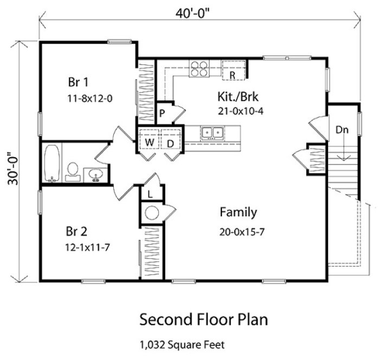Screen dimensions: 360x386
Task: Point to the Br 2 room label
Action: tap(76, 232)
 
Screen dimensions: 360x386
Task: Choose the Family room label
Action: tap(238, 212)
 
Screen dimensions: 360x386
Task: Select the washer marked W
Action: tap(149, 142)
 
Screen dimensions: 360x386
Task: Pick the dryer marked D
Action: tap(169, 142)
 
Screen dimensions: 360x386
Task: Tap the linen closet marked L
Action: tap(150, 192)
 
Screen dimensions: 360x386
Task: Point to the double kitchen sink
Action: tap(210, 132)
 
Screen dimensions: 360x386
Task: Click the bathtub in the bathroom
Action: tap(52, 163)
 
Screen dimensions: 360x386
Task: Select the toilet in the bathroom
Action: tap(72, 170)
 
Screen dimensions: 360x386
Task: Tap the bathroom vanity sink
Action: tap(95, 175)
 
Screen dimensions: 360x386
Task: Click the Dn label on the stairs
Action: tap(342, 130)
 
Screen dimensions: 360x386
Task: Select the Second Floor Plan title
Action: tap(203, 319)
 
